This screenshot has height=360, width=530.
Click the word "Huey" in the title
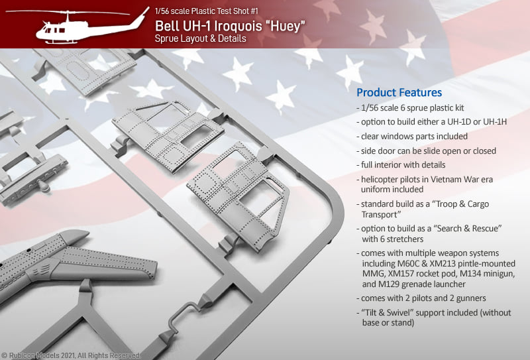coord(288,26)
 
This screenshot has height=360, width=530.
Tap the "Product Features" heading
coord(399,92)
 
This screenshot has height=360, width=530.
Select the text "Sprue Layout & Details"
coord(201,38)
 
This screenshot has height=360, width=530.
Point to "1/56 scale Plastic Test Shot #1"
coord(207,11)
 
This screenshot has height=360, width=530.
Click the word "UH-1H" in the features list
coord(494,122)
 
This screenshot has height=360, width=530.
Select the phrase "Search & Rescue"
coord(469,228)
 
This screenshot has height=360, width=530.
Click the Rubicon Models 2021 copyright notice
coord(70,355)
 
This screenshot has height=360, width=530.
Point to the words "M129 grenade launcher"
coord(422,284)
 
